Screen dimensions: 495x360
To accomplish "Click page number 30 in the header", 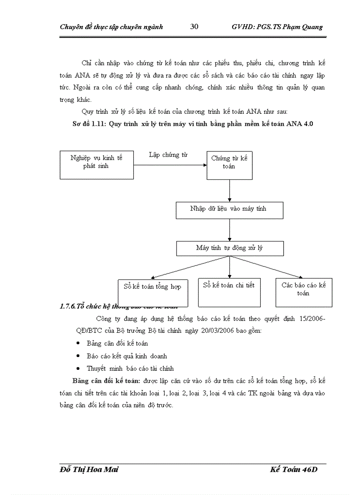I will [x=194, y=26].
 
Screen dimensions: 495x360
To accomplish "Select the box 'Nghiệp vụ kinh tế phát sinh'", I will [x=97, y=165].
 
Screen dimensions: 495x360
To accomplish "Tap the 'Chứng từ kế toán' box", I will [x=229, y=165].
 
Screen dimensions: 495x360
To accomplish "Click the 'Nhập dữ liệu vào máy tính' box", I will [x=229, y=210].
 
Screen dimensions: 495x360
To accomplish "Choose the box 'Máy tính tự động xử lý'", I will [x=229, y=248].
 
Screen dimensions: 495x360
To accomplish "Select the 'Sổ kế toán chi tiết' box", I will [x=229, y=292].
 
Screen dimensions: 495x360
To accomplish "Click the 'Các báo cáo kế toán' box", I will [x=304, y=292].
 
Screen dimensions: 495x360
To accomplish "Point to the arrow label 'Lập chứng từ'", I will [x=168, y=155].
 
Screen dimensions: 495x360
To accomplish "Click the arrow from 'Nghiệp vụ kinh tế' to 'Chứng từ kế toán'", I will [x=170, y=165].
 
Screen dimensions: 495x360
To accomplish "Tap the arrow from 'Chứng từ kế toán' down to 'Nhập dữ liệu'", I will [x=229, y=190].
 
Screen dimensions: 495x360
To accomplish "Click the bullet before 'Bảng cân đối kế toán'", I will [x=78, y=343].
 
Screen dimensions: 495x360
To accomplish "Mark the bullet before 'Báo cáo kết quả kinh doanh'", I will [x=78, y=356].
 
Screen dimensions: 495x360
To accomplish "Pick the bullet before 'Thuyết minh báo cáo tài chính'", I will [x=78, y=368].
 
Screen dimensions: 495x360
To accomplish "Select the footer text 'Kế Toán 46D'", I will [x=294, y=470].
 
